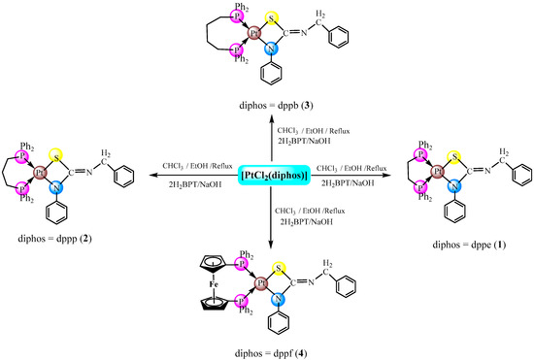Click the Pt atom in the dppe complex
pos(426,175)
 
